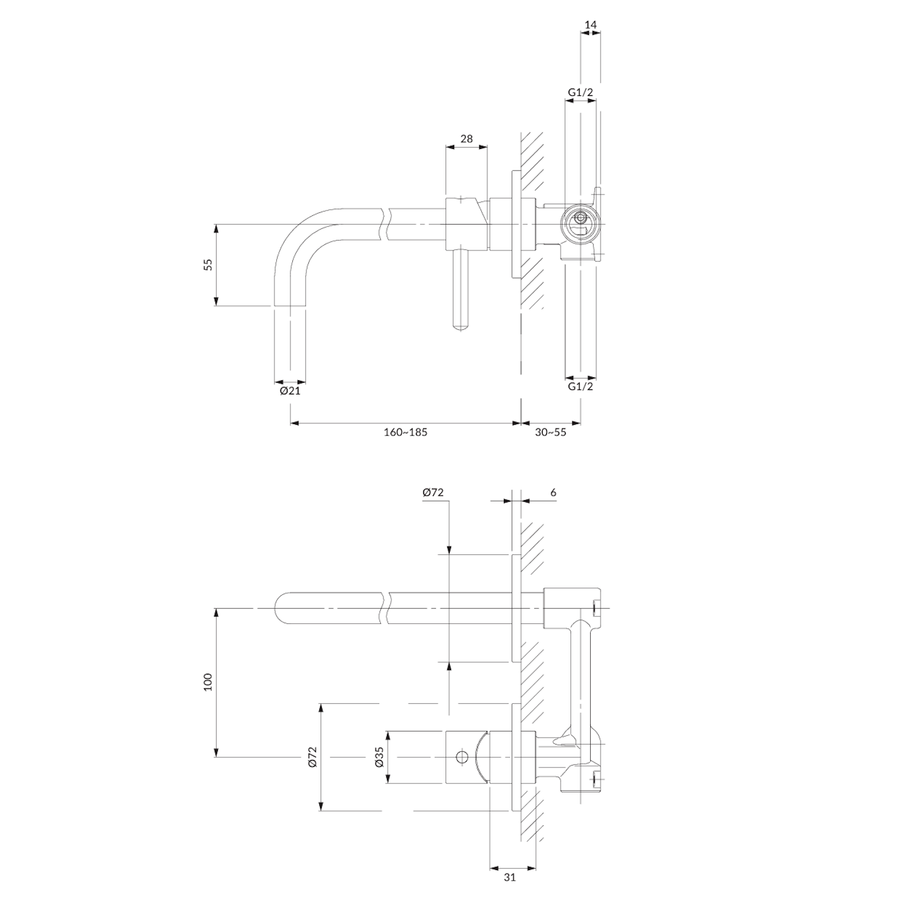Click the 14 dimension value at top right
coord(591,25)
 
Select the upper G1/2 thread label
coord(580,92)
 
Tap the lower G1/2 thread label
coord(580,386)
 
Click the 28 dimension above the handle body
coord(466,138)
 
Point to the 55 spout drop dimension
coord(208,265)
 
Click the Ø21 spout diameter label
coord(290,390)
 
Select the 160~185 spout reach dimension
coord(406,432)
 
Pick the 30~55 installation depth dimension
coord(550,432)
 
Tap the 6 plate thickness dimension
coord(553,492)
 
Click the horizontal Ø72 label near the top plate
coord(433,492)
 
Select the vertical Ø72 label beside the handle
coord(312,756)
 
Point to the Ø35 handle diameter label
coord(379,756)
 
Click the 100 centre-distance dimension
coord(208,682)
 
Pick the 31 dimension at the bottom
coord(509,877)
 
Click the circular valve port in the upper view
coord(580,218)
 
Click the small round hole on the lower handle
coord(461,756)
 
